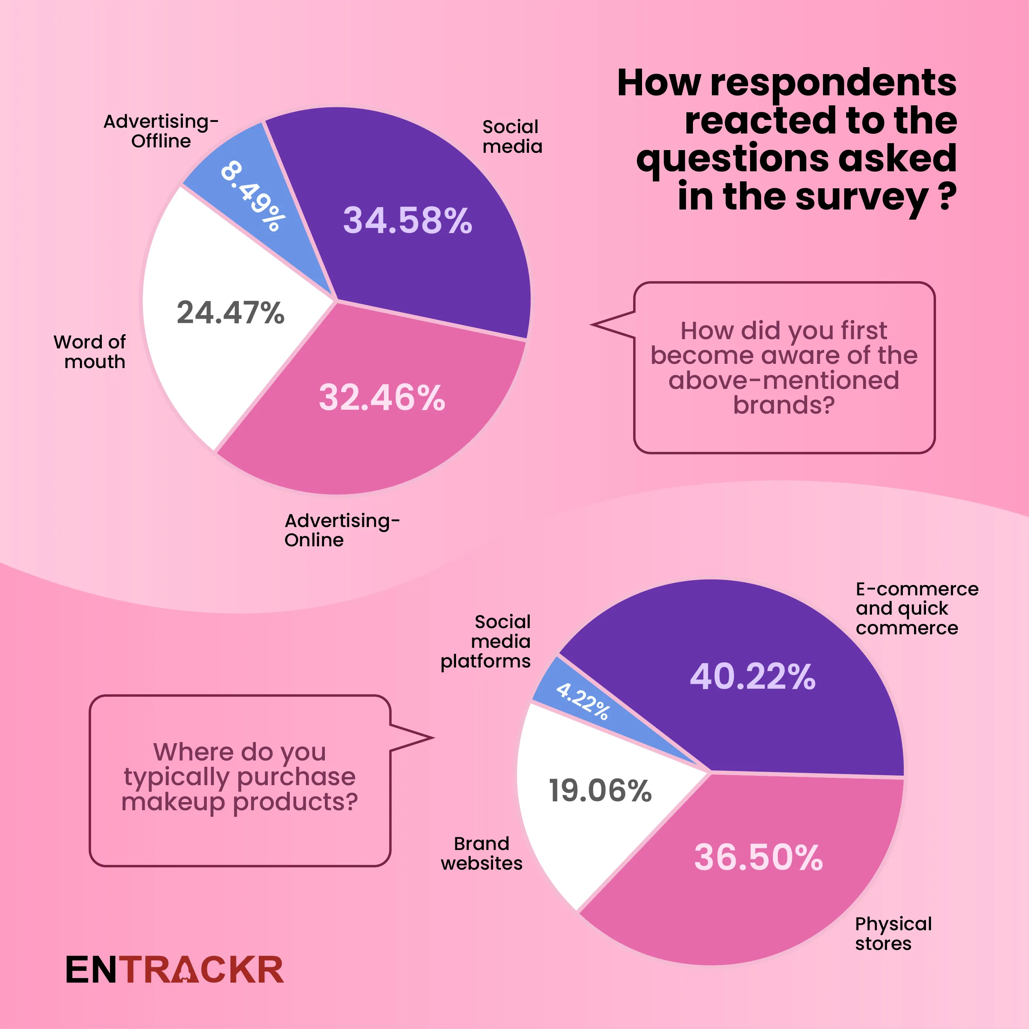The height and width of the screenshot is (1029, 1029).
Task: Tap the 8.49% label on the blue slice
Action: point(252,196)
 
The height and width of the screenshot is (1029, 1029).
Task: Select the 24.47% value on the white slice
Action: point(231,312)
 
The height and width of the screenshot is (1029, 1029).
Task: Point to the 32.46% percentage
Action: point(382,397)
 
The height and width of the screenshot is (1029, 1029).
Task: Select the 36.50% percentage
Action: point(759,857)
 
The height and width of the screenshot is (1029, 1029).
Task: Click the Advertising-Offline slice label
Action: point(161,131)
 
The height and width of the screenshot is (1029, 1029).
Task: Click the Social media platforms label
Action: point(486,641)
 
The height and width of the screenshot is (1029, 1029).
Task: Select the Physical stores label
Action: point(893,933)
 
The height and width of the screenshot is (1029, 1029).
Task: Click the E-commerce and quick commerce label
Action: point(916,608)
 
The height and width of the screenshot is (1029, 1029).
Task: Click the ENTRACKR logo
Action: point(175,970)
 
